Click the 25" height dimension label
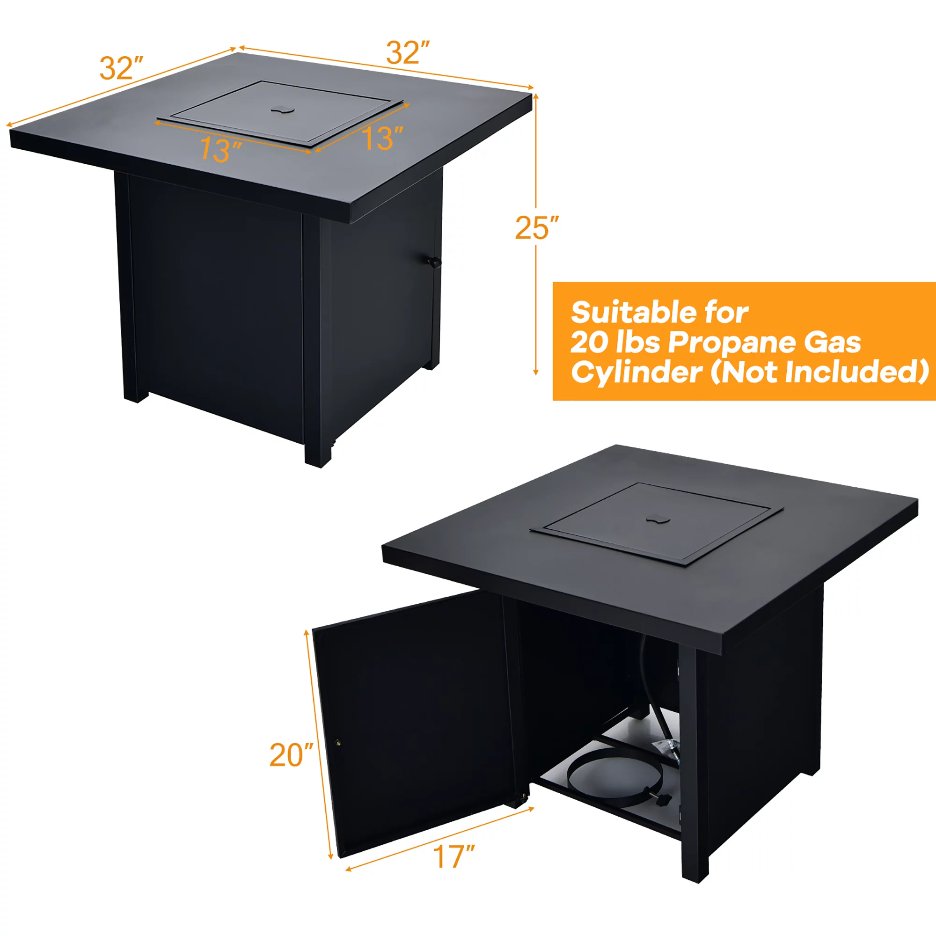click(x=536, y=228)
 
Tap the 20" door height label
click(x=291, y=755)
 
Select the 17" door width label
click(x=454, y=856)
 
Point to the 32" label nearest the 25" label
click(x=408, y=53)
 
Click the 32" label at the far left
click(x=121, y=68)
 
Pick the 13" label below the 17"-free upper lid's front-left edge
click(x=220, y=150)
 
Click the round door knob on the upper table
click(x=435, y=262)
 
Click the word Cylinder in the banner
click(x=636, y=373)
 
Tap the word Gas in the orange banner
click(x=832, y=343)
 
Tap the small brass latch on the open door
click(x=338, y=743)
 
